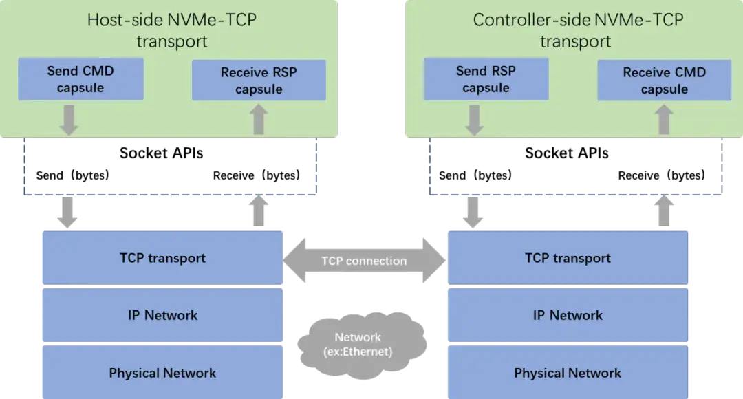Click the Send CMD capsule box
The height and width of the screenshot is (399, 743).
[x=80, y=79]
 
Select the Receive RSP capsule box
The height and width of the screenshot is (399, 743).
[x=259, y=80]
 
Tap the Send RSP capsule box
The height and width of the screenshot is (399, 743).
[x=486, y=79]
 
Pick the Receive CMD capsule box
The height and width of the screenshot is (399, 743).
[x=664, y=80]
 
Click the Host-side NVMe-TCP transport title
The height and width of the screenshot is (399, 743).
[x=171, y=30]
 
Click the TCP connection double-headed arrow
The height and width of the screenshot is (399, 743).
[x=364, y=261]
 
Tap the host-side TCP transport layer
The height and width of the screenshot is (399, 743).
[x=162, y=259]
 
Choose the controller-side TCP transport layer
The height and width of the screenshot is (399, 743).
[x=568, y=259]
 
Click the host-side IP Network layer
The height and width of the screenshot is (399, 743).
[x=162, y=316]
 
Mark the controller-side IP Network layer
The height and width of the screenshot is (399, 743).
[x=568, y=316]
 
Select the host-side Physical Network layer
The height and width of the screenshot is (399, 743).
[x=162, y=374]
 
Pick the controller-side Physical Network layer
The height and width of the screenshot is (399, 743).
[x=568, y=374]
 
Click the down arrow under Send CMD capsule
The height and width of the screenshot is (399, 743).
[x=69, y=120]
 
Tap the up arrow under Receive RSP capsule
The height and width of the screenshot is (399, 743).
[x=259, y=120]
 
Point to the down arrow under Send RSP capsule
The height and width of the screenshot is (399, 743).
[x=474, y=120]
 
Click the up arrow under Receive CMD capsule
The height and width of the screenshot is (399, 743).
[x=664, y=120]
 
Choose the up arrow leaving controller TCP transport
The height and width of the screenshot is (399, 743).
[x=664, y=212]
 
